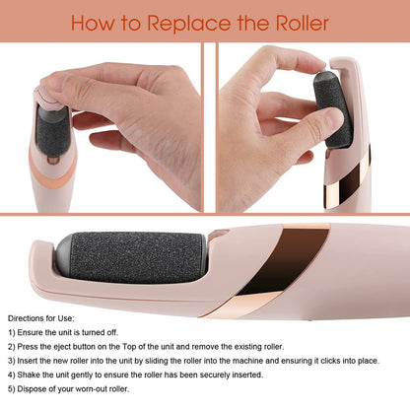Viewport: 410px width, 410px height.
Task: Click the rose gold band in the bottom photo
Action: (284, 259)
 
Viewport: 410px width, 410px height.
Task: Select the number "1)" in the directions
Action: (13, 335)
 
